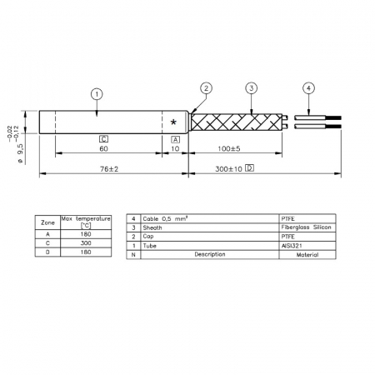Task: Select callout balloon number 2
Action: [207, 88]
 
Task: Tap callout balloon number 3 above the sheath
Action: [252, 88]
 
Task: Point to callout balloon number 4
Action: [308, 88]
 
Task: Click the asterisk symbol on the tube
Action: [173, 122]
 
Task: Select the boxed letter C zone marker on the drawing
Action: [103, 138]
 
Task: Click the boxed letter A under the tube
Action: [174, 138]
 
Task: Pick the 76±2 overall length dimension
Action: [111, 167]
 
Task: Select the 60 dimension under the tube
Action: [103, 148]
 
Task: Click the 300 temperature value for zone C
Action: [85, 243]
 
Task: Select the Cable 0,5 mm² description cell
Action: [166, 217]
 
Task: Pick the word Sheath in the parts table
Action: [153, 226]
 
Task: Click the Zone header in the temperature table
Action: [47, 223]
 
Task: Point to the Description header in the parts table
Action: [208, 254]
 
